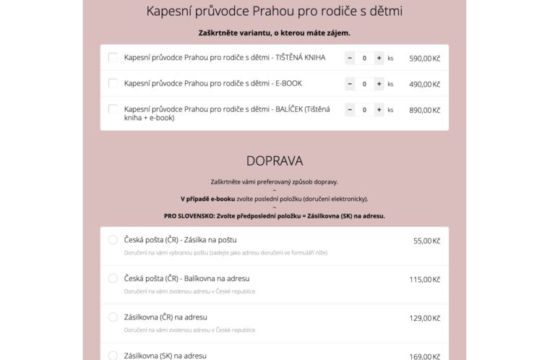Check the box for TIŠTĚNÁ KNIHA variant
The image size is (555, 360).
[x=113, y=57]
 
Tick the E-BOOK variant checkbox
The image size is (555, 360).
[x=113, y=83]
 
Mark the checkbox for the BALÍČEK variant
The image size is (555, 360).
[x=113, y=109]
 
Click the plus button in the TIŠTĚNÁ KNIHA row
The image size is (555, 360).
[x=379, y=58]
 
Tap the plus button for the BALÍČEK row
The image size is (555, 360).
[x=379, y=110]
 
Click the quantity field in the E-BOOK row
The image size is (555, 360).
[x=364, y=84]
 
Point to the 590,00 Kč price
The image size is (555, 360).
[x=424, y=58]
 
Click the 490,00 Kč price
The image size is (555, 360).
[x=424, y=84]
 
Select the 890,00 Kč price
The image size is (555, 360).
[x=424, y=110]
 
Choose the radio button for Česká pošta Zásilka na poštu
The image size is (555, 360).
[x=113, y=240]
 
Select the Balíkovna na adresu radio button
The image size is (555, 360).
[x=113, y=278]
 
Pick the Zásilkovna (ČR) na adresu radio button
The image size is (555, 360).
[x=113, y=317]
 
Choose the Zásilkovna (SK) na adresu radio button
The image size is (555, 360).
[x=113, y=356]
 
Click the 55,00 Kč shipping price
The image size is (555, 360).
[x=426, y=241]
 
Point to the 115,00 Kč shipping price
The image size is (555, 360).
[x=425, y=279]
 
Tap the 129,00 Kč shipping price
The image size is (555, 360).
[x=425, y=318]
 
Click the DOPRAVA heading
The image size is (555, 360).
[x=274, y=160]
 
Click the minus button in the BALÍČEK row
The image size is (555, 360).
[x=350, y=110]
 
